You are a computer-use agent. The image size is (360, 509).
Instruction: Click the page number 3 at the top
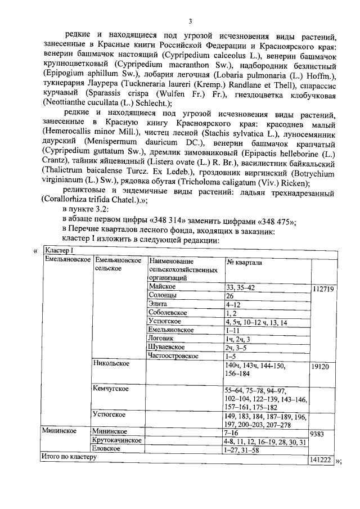point(190,21)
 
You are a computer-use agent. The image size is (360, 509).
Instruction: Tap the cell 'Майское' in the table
point(163,287)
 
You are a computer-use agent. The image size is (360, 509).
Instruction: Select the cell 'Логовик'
point(162,339)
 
